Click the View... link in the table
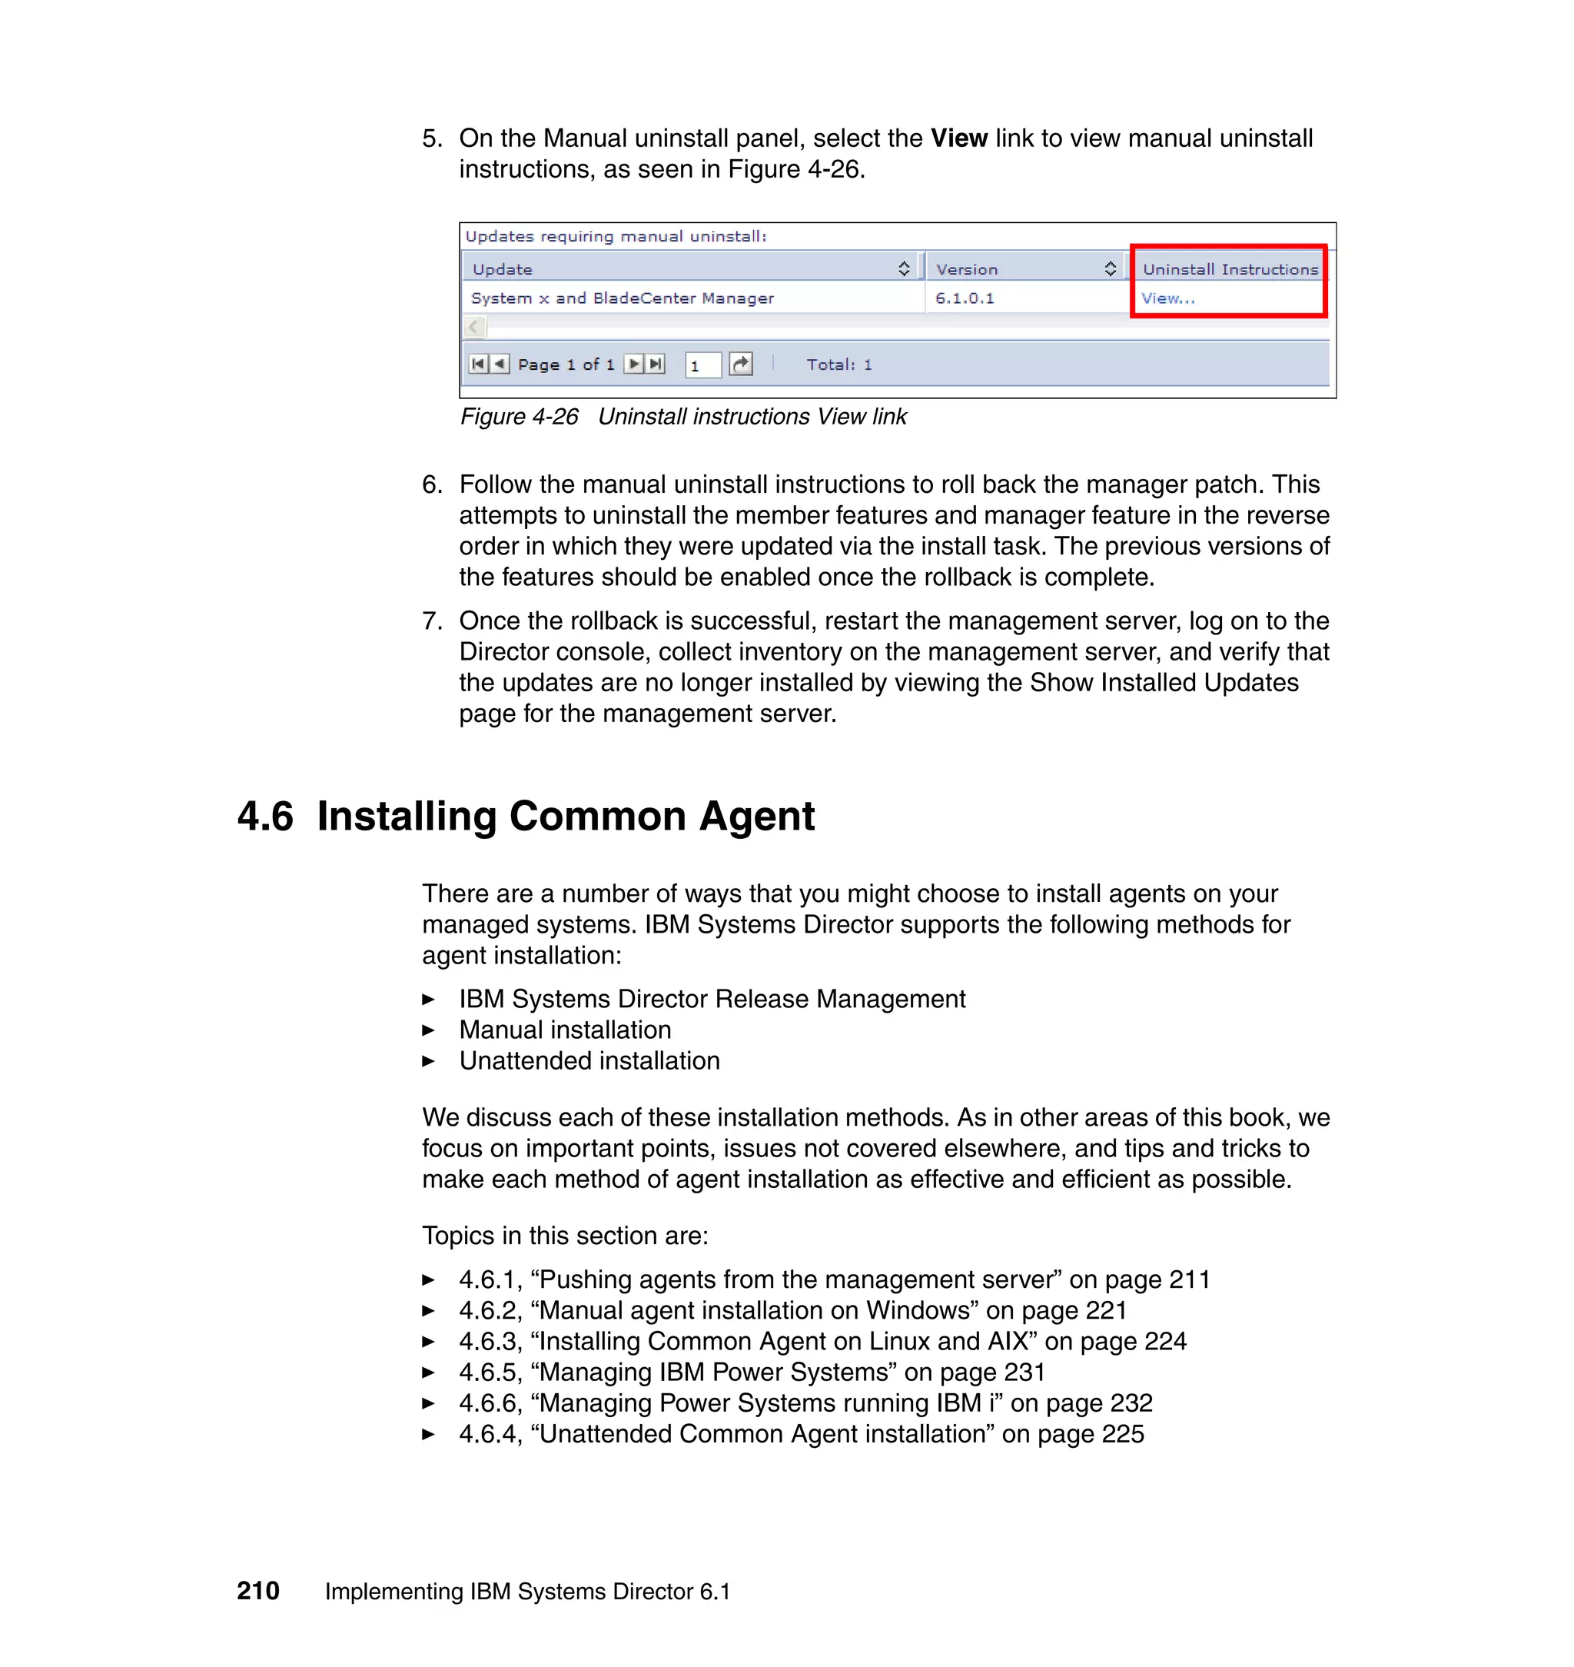click(1167, 299)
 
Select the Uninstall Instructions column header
click(1229, 269)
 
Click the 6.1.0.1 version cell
click(964, 299)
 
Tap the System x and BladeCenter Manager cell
click(622, 299)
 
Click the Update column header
click(503, 269)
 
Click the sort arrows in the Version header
click(1109, 268)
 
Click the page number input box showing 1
click(702, 366)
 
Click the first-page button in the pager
click(477, 364)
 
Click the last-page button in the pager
click(656, 364)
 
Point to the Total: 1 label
click(839, 365)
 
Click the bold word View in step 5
click(958, 138)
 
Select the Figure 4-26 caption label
click(519, 418)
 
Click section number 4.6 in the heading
click(265, 817)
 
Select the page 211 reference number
click(1189, 1280)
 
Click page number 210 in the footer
click(257, 1592)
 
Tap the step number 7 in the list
click(430, 621)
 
